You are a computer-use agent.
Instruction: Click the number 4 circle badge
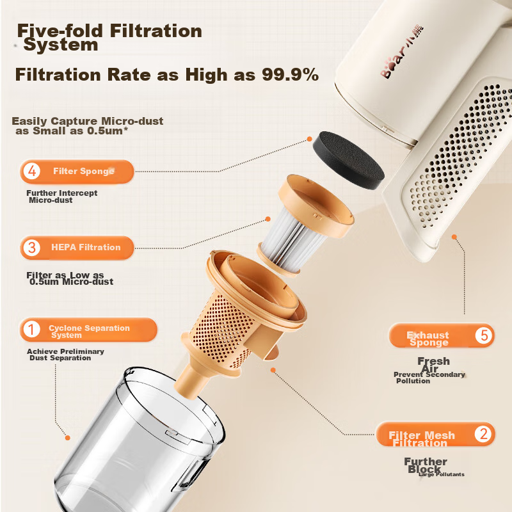click(x=31, y=172)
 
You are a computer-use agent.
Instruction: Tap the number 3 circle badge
click(x=31, y=248)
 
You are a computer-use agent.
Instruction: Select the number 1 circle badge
click(x=31, y=330)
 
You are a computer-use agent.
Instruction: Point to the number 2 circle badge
click(x=483, y=435)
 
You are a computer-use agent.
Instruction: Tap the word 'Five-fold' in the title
click(x=56, y=31)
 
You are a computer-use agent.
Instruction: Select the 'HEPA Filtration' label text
click(x=86, y=248)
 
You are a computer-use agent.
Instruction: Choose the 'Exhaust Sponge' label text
click(x=428, y=339)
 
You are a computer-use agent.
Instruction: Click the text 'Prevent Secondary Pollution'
click(x=429, y=378)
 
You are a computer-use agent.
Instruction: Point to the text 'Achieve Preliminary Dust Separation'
click(x=65, y=355)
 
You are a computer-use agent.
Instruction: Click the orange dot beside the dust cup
click(x=68, y=438)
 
